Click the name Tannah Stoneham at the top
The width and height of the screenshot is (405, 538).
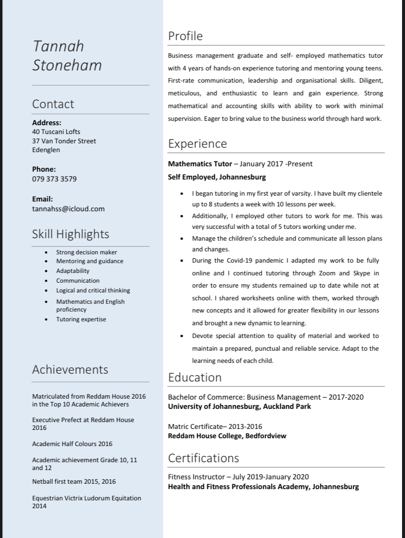tap(67, 55)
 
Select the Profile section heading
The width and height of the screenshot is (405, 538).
tap(185, 36)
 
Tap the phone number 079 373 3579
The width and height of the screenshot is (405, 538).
tap(54, 179)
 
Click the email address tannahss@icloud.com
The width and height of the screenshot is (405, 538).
tap(68, 209)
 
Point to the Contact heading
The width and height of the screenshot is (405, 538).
tap(53, 104)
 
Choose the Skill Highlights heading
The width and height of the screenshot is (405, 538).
tap(70, 234)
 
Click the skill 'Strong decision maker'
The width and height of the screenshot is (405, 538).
tap(86, 252)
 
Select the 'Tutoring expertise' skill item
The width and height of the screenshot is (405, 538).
tap(81, 319)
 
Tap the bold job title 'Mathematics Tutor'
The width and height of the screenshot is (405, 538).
tap(200, 164)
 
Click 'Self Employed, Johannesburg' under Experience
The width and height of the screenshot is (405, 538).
tap(217, 177)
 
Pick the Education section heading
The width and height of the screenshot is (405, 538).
tap(195, 378)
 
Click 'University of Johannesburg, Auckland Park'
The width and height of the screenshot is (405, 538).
tap(239, 406)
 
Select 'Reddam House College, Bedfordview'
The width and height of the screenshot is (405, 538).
tap(227, 436)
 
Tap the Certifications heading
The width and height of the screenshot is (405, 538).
tap(203, 458)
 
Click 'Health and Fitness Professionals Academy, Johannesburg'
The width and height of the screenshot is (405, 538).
tap(263, 487)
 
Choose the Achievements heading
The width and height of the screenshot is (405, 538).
tap(70, 370)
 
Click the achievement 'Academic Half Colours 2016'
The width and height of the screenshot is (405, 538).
tap(72, 444)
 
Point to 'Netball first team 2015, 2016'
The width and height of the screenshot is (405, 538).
tap(74, 482)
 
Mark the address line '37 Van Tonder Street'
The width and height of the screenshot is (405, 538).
tap(64, 141)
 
